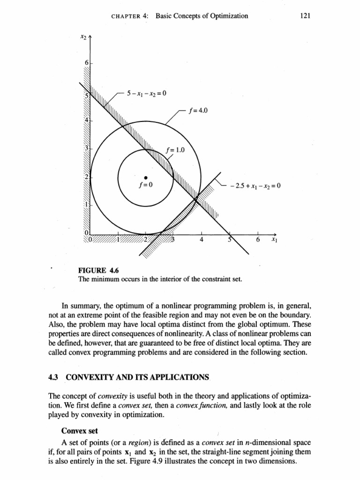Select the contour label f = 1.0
(x=176, y=150)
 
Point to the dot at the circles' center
(x=146, y=177)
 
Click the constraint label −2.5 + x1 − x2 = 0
(x=255, y=186)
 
